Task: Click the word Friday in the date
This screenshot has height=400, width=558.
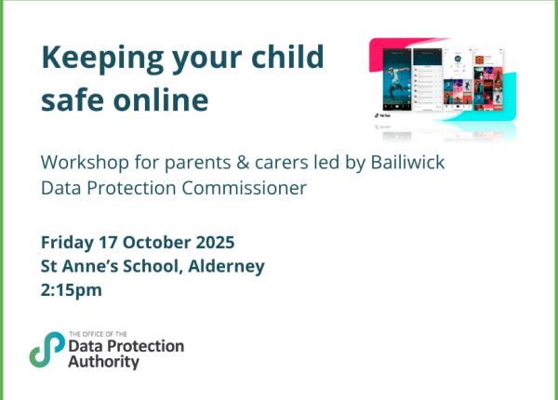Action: coord(67,242)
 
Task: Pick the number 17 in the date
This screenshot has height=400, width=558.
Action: coord(109,242)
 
